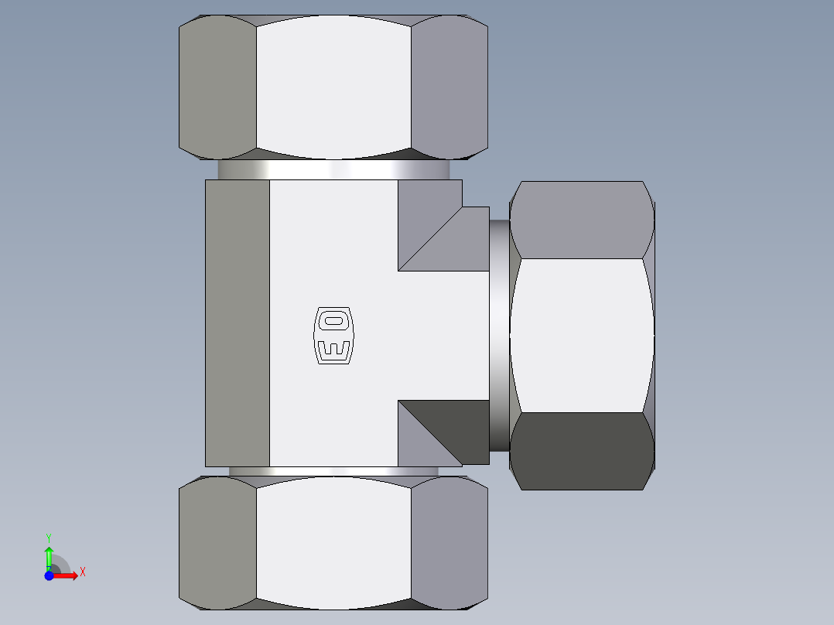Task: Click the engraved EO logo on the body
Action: [333, 336]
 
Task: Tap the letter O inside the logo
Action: [333, 319]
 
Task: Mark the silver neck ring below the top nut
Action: [333, 170]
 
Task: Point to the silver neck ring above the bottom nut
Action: [333, 471]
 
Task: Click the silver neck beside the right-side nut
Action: [499, 336]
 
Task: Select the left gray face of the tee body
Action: [238, 323]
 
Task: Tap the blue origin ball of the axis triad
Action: [49, 575]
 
